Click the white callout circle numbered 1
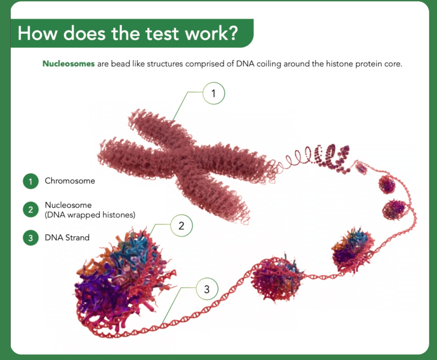[x=213, y=93]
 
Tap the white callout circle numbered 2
[x=181, y=225]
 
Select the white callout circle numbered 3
[x=207, y=289]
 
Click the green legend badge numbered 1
[x=31, y=181]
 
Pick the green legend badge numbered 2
[x=31, y=209]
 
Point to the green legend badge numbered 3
[x=31, y=238]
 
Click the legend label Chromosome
[x=70, y=181]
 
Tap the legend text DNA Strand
[x=67, y=238]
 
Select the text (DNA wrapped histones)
[x=90, y=215]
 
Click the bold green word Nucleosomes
[x=69, y=64]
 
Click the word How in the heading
[x=38, y=33]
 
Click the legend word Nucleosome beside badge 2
[x=68, y=205]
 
